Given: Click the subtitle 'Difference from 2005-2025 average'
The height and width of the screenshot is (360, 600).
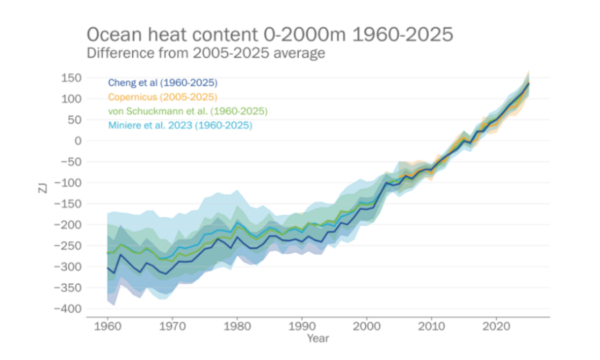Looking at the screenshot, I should tap(206, 53).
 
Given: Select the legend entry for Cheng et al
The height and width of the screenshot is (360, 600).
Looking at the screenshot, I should tap(163, 83).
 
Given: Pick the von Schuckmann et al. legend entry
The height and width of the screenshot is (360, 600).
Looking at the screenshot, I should tap(187, 111).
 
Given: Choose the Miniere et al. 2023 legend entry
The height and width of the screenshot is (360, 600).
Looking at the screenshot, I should tap(180, 125).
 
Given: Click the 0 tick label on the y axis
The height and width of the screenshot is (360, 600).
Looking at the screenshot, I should tap(78, 141).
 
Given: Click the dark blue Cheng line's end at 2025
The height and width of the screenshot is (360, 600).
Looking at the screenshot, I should tap(529, 83).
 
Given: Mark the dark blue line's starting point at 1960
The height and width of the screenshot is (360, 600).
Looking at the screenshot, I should tap(107, 267).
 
